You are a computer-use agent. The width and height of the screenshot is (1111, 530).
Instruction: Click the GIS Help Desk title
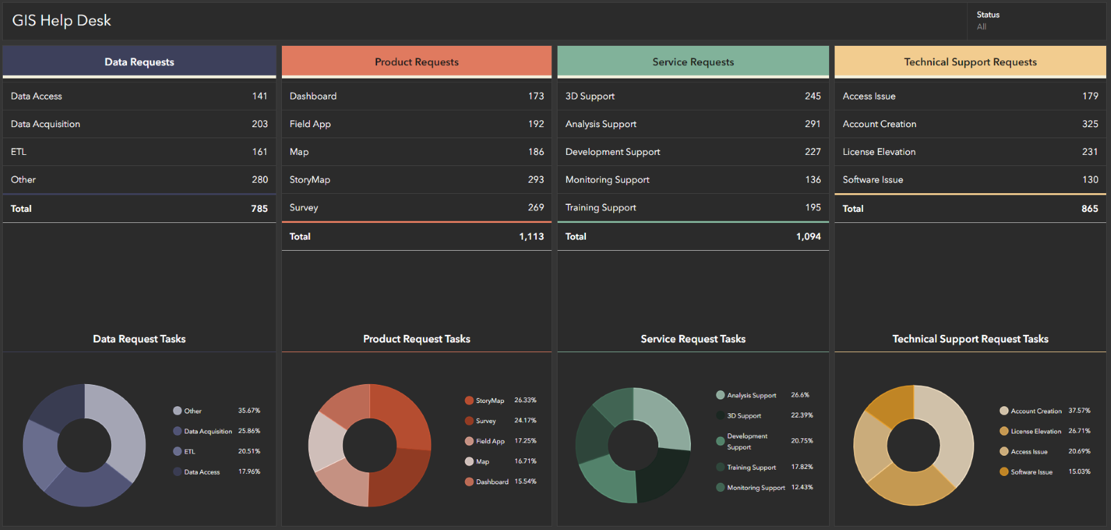coord(62,21)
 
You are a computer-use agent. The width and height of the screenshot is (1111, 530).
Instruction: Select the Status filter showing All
coord(987,21)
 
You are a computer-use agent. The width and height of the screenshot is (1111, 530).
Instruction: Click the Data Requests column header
coord(139,62)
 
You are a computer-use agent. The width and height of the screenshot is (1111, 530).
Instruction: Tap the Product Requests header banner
coord(417,62)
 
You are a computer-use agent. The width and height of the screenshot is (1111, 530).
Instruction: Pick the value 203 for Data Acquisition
coord(260,124)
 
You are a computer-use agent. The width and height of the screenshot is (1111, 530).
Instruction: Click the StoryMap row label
coord(310,179)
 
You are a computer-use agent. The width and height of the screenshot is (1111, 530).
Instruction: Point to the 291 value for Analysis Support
coord(812,124)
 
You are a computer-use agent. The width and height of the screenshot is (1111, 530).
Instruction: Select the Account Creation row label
coord(879,124)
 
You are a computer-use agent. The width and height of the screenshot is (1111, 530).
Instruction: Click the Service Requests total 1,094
coord(808,236)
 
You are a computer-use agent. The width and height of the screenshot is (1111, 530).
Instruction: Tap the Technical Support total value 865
coord(1089,208)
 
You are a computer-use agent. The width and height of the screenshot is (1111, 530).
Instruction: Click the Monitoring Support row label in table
coord(607,179)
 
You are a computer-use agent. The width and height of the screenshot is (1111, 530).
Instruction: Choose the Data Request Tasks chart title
coord(139,339)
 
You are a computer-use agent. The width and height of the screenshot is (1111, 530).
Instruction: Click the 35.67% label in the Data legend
coord(249,411)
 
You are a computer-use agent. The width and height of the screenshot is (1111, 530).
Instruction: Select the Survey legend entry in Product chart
coord(485,421)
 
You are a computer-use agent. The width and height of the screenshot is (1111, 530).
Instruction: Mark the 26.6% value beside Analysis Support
coord(800,395)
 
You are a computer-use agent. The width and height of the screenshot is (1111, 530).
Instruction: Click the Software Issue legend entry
coord(1031,472)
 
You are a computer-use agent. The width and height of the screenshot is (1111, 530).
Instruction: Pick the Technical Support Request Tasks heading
coord(970,339)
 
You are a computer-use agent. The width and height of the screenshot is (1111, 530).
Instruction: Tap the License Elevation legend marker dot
coord(1003,431)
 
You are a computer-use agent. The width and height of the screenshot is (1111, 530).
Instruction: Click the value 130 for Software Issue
coord(1090,179)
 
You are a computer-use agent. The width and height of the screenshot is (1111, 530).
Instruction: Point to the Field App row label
coord(310,124)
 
